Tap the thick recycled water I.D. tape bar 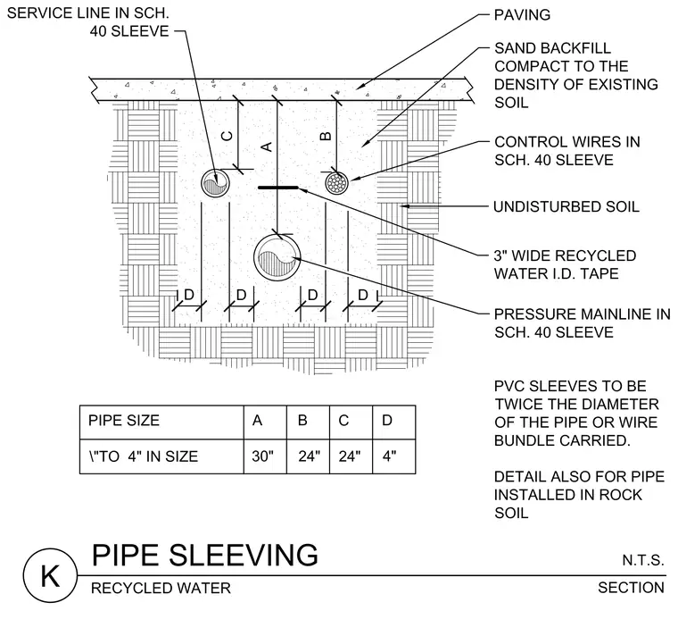(278, 188)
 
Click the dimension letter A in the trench (268, 146)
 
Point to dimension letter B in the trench (326, 137)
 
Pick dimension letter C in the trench (227, 136)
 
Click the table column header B (302, 420)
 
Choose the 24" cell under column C (351, 456)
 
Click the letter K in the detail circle (50, 576)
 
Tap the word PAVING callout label (522, 14)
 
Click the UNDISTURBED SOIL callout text (566, 206)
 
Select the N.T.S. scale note (643, 560)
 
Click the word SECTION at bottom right (631, 588)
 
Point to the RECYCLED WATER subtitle (161, 589)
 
